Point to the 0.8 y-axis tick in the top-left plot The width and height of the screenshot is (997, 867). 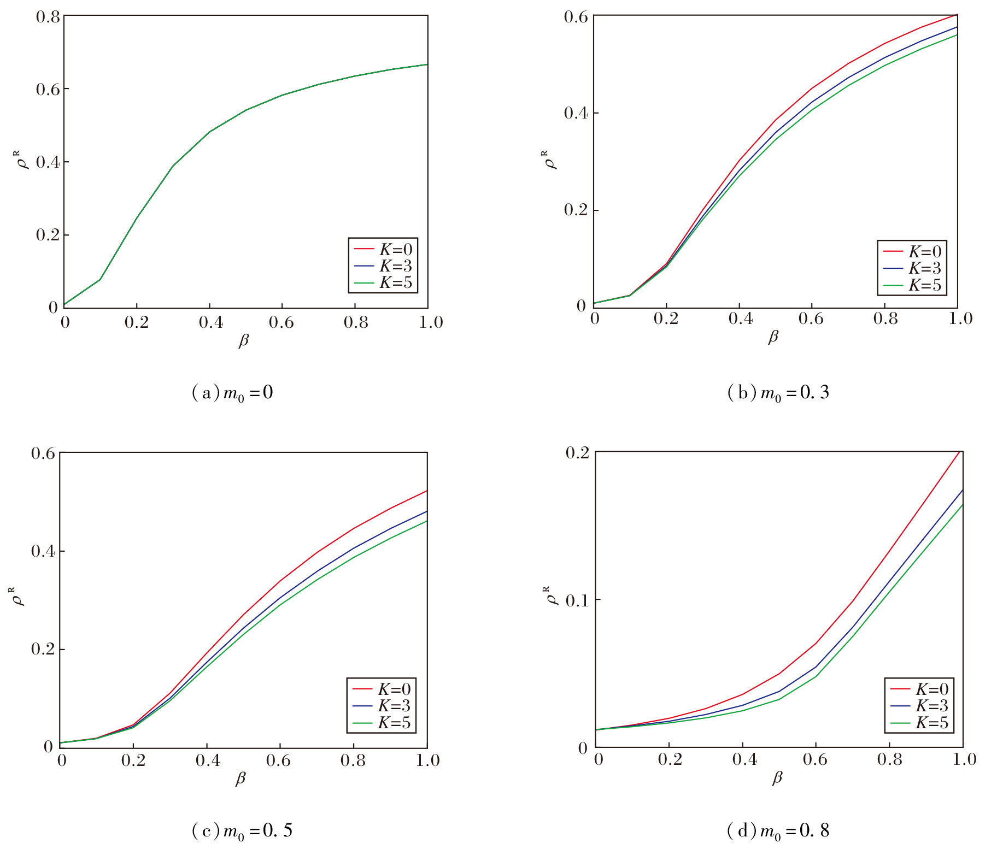tap(48, 17)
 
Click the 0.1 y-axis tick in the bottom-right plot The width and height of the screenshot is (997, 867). tap(577, 601)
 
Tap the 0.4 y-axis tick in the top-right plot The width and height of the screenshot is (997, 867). tap(576, 114)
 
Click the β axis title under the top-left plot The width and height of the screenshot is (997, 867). tap(244, 341)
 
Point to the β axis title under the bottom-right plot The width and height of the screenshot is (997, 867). tap(777, 778)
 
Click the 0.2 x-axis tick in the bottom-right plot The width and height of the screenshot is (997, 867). tap(670, 760)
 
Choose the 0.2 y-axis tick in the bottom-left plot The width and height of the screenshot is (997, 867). tap(42, 650)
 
